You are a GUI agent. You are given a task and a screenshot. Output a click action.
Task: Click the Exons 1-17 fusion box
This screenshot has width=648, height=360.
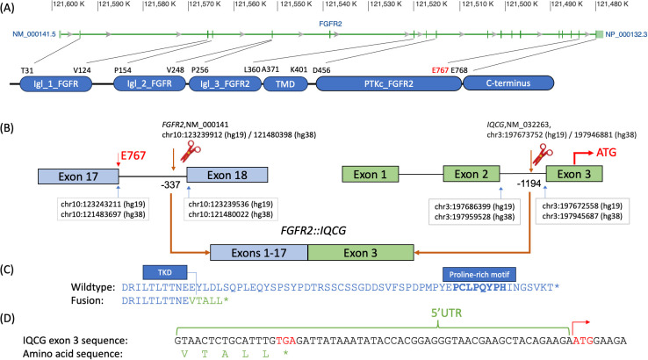click(258, 252)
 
